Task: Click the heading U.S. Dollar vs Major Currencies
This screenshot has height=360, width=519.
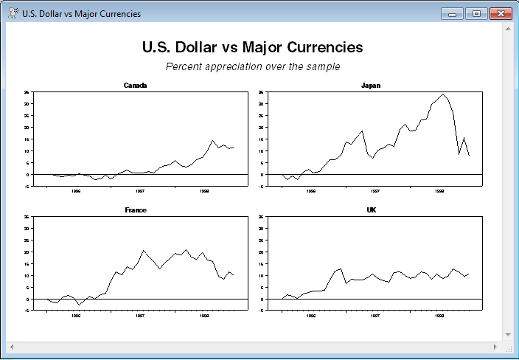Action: [252, 47]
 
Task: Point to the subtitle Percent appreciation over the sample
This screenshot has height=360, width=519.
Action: [252, 66]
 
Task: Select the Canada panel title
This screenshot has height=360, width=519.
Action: [135, 86]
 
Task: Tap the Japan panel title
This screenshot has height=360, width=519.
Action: [371, 86]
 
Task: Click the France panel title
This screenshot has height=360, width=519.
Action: [135, 210]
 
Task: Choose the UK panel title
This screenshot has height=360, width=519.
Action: [371, 210]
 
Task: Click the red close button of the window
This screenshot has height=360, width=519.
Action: [501, 13]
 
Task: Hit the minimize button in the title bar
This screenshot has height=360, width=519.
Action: [450, 13]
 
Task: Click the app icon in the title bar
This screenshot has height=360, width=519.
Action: [13, 13]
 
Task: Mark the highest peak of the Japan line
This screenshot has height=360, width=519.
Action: [442, 94]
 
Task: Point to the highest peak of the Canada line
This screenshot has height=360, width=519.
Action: [213, 140]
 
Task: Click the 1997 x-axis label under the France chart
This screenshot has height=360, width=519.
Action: [140, 315]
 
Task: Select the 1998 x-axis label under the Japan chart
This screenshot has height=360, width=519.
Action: [440, 190]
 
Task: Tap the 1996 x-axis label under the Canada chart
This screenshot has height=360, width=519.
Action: [76, 190]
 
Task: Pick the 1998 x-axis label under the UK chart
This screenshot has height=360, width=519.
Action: [440, 315]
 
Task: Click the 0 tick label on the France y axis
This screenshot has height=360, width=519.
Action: [27, 299]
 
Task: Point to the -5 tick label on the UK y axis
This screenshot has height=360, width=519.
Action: [262, 311]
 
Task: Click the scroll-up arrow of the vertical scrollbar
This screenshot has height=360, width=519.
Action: [508, 28]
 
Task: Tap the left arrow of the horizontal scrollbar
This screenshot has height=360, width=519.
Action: [11, 346]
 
